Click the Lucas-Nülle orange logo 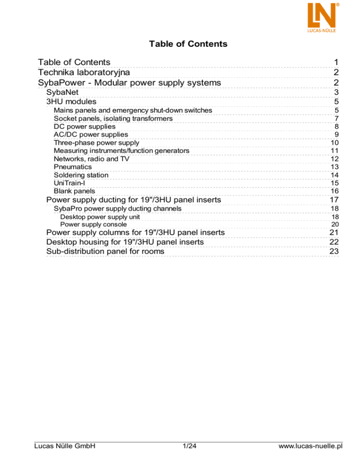tap(323, 16)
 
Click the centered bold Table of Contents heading tap(188, 44)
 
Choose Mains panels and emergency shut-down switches tap(133, 110)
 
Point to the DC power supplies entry tap(84, 126)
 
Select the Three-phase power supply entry tap(96, 143)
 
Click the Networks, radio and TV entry tap(91, 158)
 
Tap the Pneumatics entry tap(73, 167)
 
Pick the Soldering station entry tap(81, 175)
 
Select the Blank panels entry tap(74, 191)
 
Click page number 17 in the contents tap(334, 201)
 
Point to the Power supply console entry tap(93, 224)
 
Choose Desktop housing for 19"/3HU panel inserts tap(125, 242)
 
